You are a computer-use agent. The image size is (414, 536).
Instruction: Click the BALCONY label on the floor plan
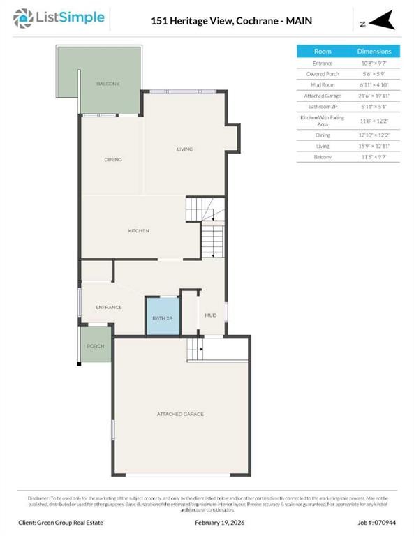(x=108, y=84)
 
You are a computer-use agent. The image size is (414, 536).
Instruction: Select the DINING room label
(x=113, y=160)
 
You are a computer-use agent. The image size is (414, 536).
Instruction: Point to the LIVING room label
(x=184, y=149)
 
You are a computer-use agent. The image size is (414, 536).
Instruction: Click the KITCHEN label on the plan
(x=138, y=231)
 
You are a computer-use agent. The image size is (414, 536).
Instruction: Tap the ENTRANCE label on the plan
(x=109, y=307)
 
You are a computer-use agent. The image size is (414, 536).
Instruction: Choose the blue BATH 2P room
(x=163, y=318)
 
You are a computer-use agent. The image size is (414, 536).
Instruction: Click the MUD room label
(x=210, y=315)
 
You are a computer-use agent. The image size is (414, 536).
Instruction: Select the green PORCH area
(x=95, y=346)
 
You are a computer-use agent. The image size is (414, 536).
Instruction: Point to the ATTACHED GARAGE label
(x=180, y=414)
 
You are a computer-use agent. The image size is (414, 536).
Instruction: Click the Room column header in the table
(x=323, y=52)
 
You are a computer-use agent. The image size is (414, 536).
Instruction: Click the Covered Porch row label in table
(x=323, y=74)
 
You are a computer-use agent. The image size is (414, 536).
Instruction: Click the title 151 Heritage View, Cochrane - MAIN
(x=232, y=21)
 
